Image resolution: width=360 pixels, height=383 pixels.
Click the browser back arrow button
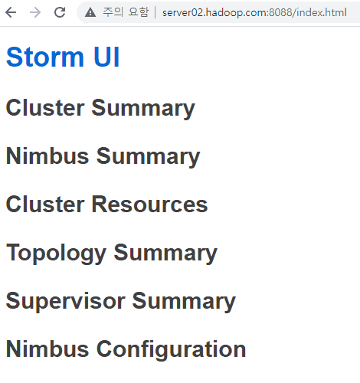point(11,12)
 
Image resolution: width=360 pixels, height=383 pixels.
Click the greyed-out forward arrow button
point(35,12)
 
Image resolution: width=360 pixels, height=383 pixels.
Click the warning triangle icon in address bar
point(90,12)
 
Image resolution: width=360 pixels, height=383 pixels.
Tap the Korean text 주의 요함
point(126,12)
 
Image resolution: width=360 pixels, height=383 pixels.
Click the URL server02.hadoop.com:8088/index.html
point(254,12)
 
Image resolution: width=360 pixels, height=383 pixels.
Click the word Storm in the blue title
point(45,57)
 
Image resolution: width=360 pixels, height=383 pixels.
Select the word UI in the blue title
point(106,57)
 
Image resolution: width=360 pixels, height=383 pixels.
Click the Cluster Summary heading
point(100,108)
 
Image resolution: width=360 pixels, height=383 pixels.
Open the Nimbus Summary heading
point(103,156)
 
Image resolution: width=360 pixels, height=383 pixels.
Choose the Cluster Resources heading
point(106,205)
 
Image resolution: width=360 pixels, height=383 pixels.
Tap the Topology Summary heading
point(112,254)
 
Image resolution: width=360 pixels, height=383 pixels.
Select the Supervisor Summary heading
point(121,302)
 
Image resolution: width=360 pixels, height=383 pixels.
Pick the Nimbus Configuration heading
point(126,350)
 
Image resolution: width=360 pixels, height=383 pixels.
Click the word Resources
point(149,205)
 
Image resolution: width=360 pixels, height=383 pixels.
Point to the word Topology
point(56,254)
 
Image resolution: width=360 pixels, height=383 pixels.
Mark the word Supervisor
point(66,302)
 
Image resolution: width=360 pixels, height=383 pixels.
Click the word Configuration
point(171,350)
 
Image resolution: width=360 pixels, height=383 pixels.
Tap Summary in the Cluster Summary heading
point(143,109)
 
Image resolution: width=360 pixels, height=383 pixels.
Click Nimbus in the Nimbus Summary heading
point(47,156)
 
